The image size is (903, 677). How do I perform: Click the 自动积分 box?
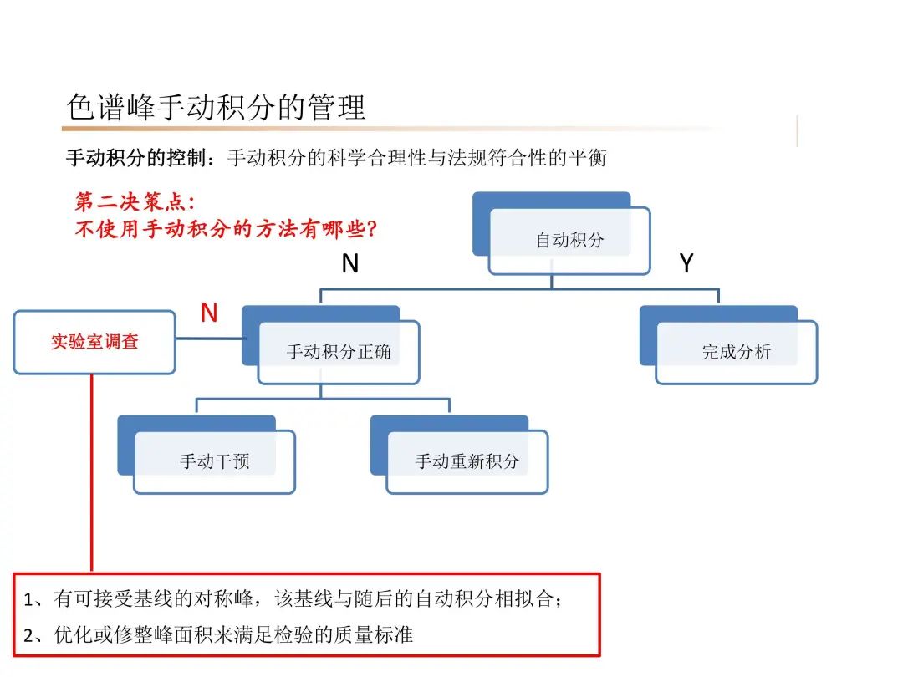[x=569, y=241]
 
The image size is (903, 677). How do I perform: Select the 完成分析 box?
[x=736, y=352]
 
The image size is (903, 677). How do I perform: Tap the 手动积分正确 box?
[x=338, y=352]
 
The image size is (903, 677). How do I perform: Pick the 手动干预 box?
[x=214, y=461]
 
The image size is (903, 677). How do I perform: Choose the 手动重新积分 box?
[x=467, y=461]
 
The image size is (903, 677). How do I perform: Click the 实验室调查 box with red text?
[x=94, y=341]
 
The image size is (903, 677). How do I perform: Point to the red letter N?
[x=209, y=313]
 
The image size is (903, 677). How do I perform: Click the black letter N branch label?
[x=350, y=264]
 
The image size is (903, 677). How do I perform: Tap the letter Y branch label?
[x=686, y=264]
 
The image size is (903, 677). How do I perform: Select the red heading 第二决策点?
[x=135, y=202]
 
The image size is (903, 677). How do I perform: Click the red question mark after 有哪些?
[x=372, y=228]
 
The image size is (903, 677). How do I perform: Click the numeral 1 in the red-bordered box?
[x=28, y=600]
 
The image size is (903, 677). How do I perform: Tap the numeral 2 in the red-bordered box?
[x=28, y=635]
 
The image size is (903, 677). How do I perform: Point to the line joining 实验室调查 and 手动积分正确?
[x=209, y=338]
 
